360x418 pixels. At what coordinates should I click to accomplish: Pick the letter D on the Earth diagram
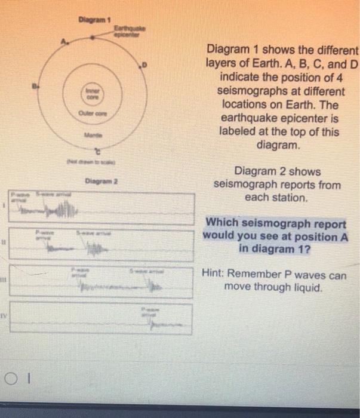(x=143, y=63)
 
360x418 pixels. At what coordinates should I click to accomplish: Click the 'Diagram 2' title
(x=98, y=180)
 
